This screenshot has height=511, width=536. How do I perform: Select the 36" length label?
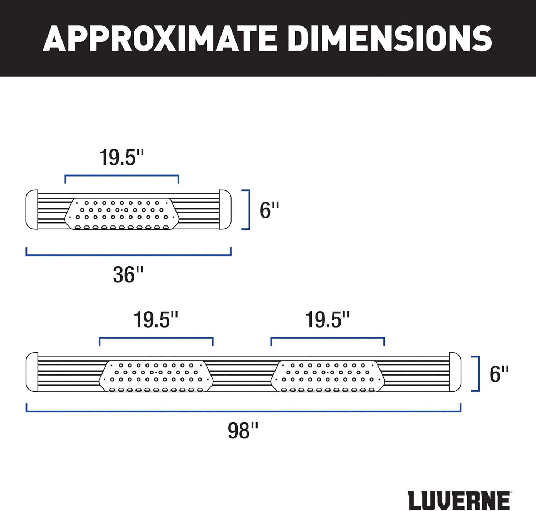pyautogui.click(x=128, y=275)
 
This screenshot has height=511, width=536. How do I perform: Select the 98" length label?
pyautogui.click(x=243, y=431)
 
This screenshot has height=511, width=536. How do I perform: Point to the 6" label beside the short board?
pyautogui.click(x=269, y=210)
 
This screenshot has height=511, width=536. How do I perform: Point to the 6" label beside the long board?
pyautogui.click(x=499, y=374)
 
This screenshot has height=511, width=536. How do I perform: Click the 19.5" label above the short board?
pyautogui.click(x=121, y=158)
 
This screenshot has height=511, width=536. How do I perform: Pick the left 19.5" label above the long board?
pyautogui.click(x=156, y=320)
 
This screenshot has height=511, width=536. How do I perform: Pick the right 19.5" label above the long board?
pyautogui.click(x=327, y=320)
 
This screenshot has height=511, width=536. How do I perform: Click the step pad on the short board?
pyautogui.click(x=121, y=214)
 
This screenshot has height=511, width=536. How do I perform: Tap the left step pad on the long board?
pyautogui.click(x=156, y=376)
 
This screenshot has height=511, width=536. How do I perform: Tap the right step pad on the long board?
pyautogui.click(x=327, y=376)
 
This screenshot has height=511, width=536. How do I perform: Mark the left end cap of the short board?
pyautogui.click(x=32, y=210)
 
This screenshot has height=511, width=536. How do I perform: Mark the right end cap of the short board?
pyautogui.click(x=225, y=210)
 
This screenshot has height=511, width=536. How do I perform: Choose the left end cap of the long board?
pyautogui.click(x=32, y=372)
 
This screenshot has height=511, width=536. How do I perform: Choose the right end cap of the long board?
pyautogui.click(x=455, y=372)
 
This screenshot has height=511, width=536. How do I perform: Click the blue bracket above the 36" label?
pyautogui.click(x=128, y=255)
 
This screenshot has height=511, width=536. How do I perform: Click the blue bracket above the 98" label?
pyautogui.click(x=243, y=411)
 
